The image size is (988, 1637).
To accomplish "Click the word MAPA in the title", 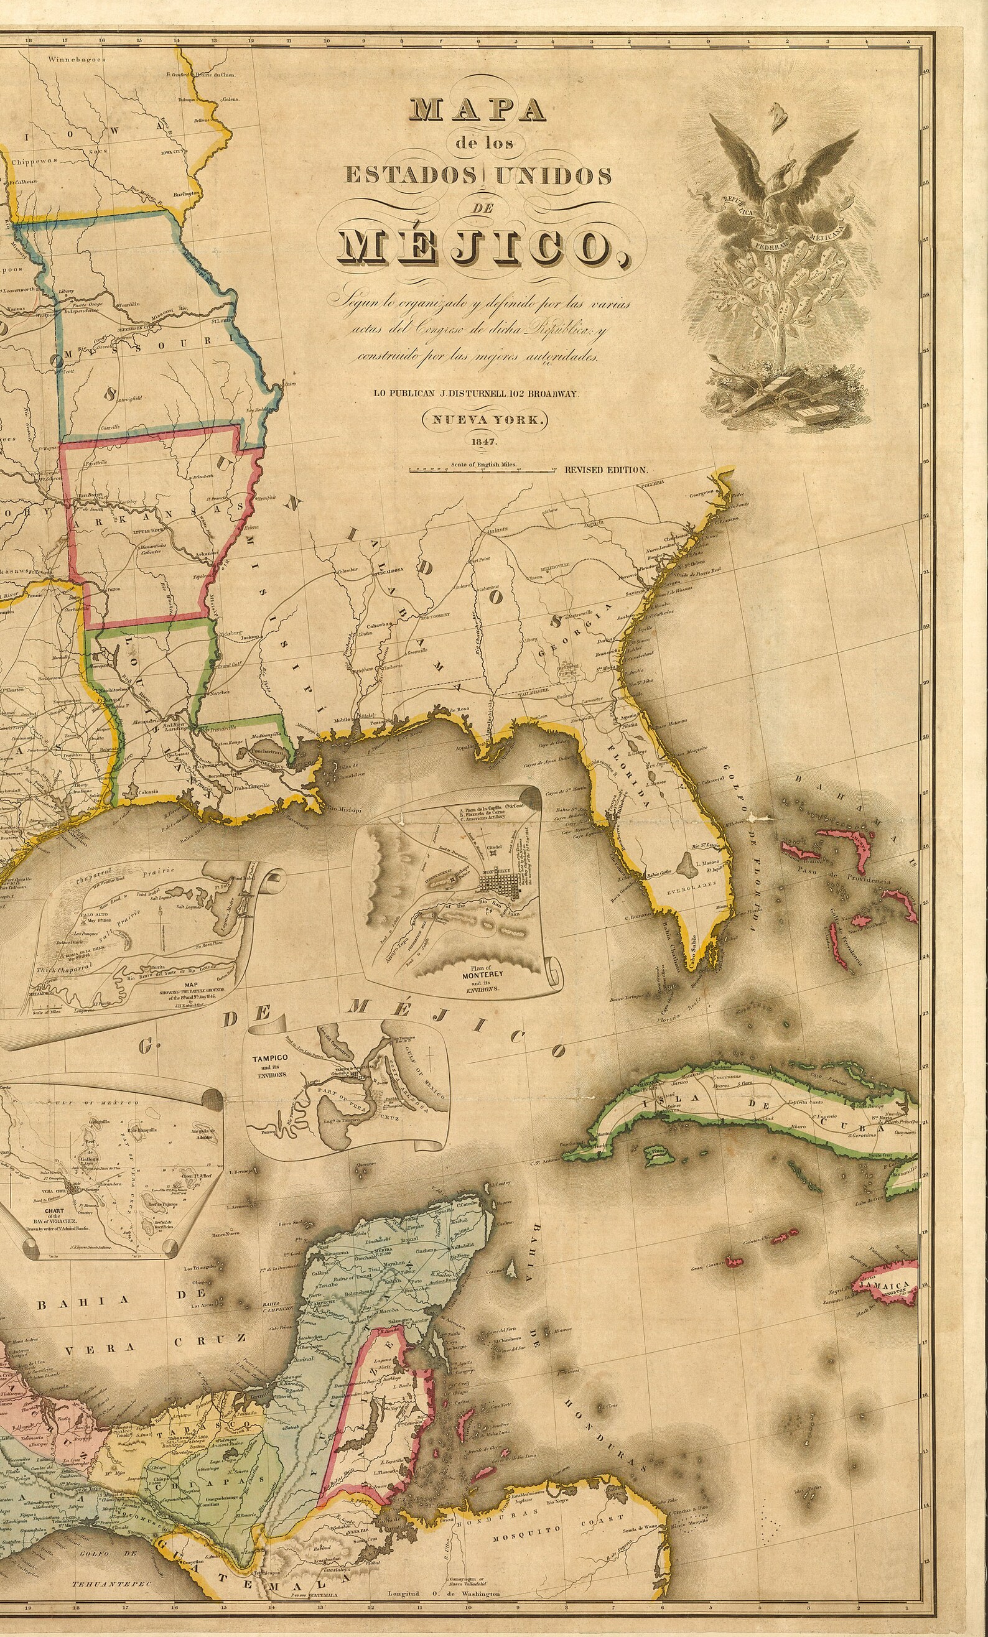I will tap(478, 109).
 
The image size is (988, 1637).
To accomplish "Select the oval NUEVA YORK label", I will tap(478, 420).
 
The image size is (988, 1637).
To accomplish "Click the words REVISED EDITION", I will tap(605, 470).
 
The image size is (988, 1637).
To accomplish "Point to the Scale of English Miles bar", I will tap(482, 470).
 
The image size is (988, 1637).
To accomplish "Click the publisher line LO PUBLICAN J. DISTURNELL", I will tap(477, 393).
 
